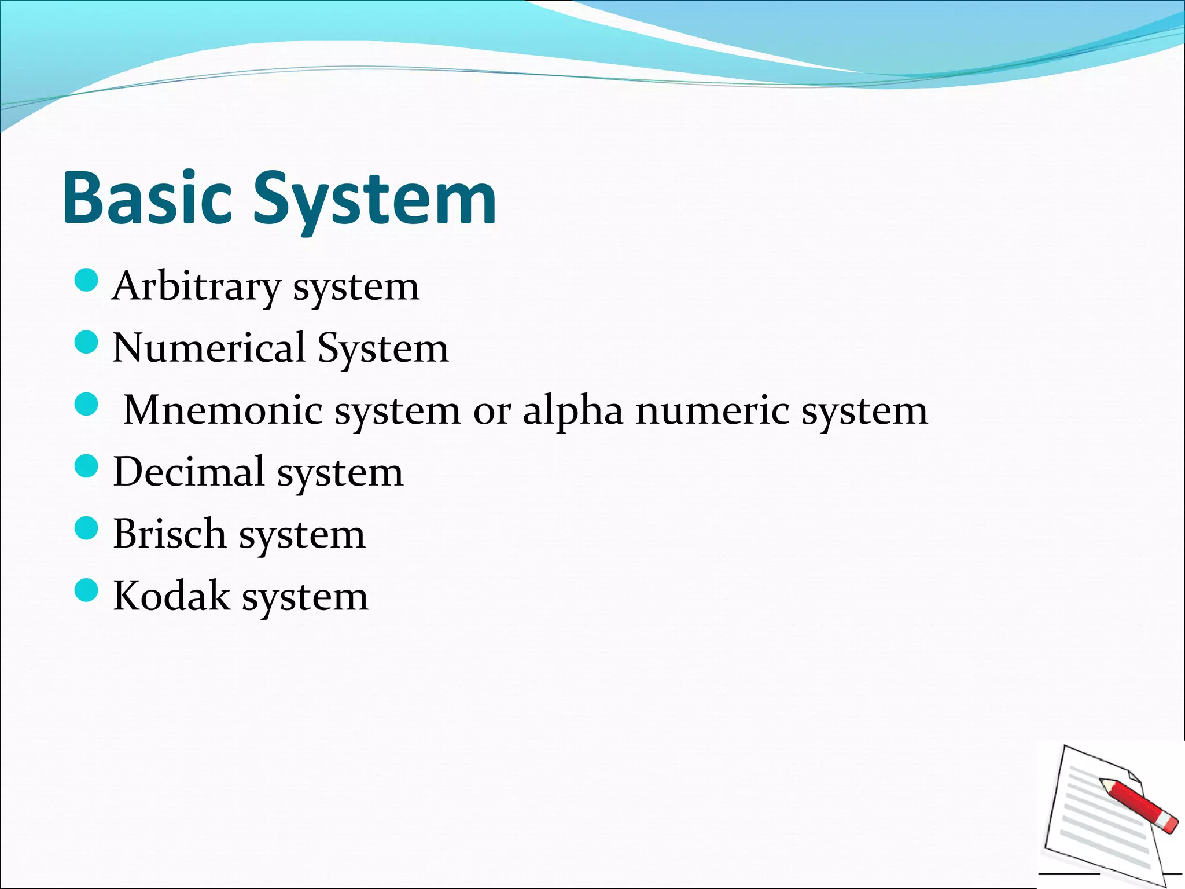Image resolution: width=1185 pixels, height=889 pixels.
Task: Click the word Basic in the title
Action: pos(147,198)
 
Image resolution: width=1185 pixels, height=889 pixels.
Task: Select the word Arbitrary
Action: pos(196,286)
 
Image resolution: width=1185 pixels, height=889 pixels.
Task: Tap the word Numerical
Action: pos(209,348)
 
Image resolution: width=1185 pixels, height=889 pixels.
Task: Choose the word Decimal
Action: pos(189,472)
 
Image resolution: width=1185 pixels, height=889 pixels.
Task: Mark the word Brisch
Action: pos(170,534)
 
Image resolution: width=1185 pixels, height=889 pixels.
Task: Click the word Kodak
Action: pos(171,596)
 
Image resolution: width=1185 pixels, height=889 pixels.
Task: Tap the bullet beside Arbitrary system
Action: pos(87,281)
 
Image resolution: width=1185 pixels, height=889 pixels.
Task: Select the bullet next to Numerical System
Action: pos(87,342)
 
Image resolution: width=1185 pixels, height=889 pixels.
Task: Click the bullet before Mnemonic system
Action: pos(87,404)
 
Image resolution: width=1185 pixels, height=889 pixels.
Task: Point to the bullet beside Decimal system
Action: pos(87,466)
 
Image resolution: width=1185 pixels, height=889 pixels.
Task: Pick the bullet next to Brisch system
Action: pos(87,528)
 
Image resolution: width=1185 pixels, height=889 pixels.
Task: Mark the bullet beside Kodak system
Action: pos(87,590)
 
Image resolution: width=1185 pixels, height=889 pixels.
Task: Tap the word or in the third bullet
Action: pos(492,412)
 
